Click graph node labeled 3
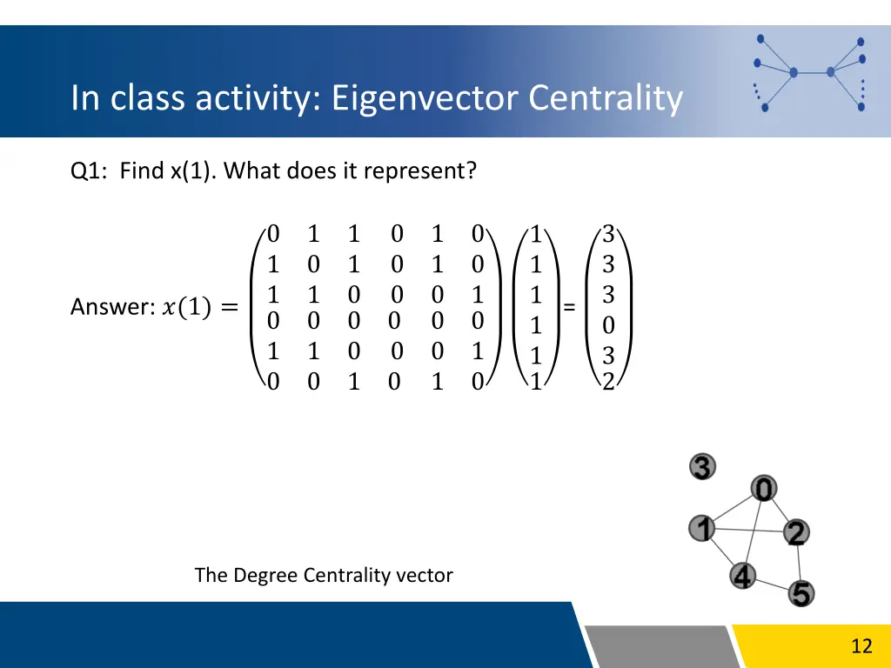[x=702, y=467]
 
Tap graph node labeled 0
[x=763, y=490]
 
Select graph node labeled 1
[x=701, y=528]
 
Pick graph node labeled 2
[x=795, y=532]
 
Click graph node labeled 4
[x=742, y=576]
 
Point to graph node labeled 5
[x=801, y=594]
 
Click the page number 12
[x=861, y=645]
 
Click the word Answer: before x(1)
[x=111, y=307]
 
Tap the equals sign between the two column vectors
[x=569, y=307]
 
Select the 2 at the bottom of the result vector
[x=608, y=381]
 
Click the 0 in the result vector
[x=608, y=326]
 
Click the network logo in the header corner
[x=809, y=73]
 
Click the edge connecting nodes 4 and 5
[x=773, y=585]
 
